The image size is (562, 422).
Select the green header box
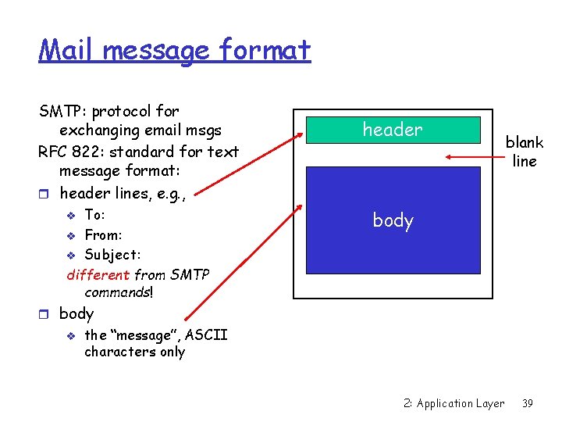[392, 130]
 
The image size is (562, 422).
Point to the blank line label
[524, 152]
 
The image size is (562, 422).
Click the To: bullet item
[94, 215]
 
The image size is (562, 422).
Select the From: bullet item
[103, 234]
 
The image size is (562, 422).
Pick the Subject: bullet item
[112, 254]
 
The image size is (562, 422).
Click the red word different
[98, 274]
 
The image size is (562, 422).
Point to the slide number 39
[528, 403]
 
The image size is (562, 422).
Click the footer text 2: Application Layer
[454, 403]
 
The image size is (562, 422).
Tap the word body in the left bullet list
[76, 313]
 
